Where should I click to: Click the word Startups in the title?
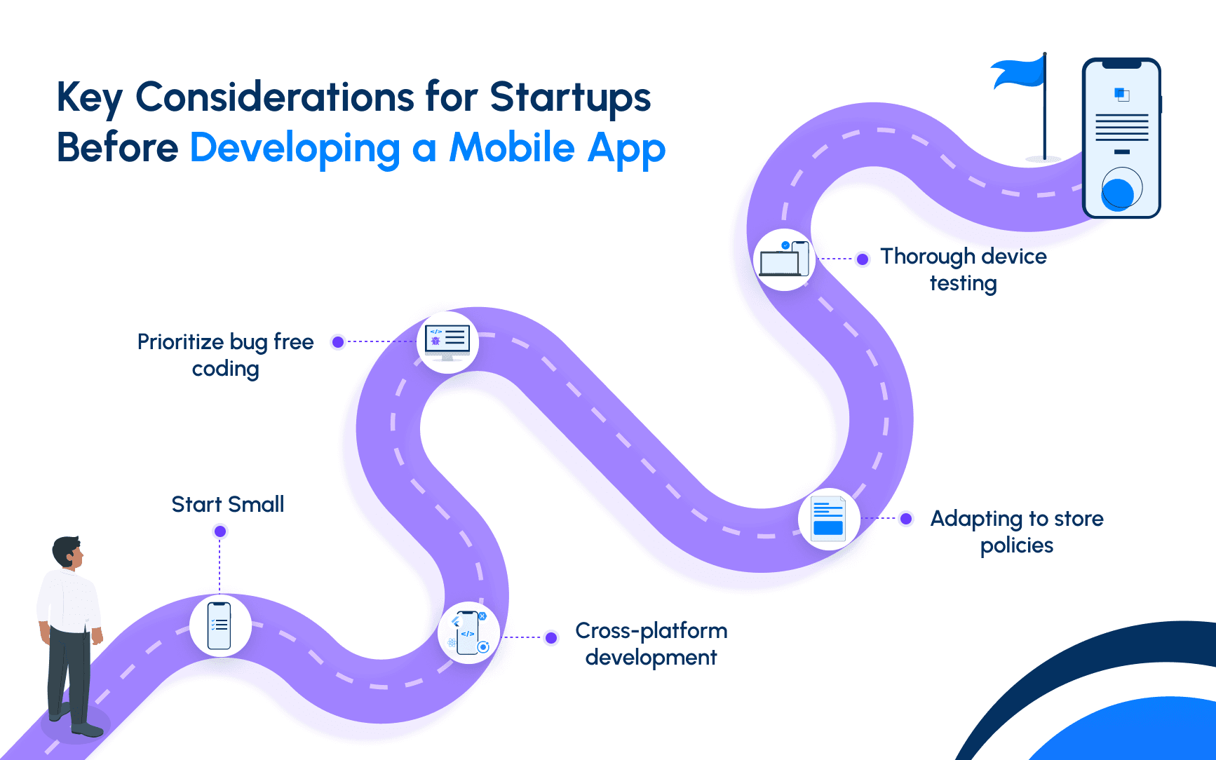(x=570, y=98)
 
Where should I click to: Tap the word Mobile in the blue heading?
(x=512, y=148)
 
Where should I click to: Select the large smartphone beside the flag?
(x=1121, y=138)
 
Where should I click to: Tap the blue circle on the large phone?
(x=1118, y=194)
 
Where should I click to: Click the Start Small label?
(x=228, y=504)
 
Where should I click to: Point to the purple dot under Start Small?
(x=220, y=531)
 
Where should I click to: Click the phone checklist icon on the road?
(x=219, y=625)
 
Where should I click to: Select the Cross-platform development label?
(x=651, y=644)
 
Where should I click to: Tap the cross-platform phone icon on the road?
(x=468, y=633)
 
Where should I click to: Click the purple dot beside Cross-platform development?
(x=551, y=638)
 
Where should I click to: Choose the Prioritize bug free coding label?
(x=226, y=355)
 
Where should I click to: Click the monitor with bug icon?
(x=447, y=342)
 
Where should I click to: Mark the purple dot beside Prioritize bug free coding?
(x=338, y=342)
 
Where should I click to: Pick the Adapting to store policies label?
(x=1017, y=531)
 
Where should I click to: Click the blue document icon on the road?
(x=828, y=519)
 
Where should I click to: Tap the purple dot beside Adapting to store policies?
(x=906, y=519)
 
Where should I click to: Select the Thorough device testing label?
(x=964, y=269)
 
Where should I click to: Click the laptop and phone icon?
(x=785, y=259)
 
